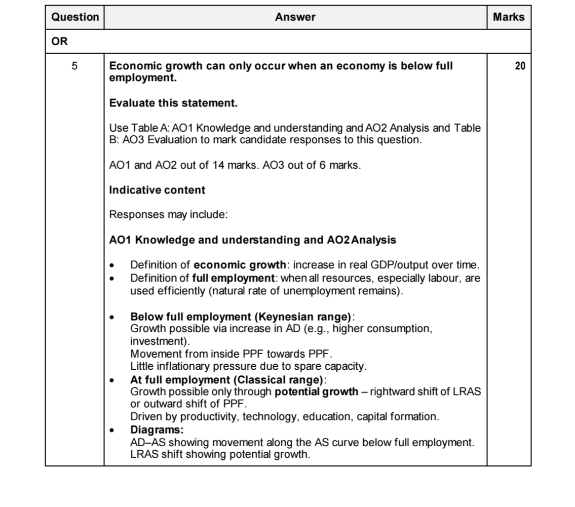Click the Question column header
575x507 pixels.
75,17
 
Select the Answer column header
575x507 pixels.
295,17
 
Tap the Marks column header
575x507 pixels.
508,17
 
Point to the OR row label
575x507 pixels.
59,42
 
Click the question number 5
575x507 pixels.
74,66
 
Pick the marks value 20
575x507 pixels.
520,66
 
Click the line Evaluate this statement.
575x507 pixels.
174,104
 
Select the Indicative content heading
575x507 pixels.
158,190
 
